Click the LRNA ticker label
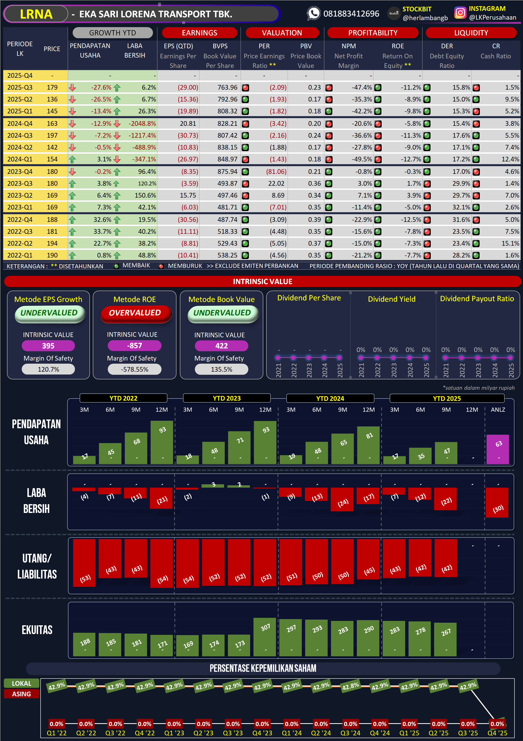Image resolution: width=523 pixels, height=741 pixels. point(36,14)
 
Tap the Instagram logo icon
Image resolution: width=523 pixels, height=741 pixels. point(460,13)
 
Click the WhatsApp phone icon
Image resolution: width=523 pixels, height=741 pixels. point(313,13)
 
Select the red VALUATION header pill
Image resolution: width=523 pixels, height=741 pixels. point(282,33)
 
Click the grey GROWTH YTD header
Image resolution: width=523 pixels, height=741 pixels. point(112,33)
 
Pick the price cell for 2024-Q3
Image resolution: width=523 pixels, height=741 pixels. point(52,136)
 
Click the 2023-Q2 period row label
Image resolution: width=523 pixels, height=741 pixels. point(20,195)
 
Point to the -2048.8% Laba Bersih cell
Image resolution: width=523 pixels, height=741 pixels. point(142,124)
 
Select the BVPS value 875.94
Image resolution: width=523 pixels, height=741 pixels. point(227,172)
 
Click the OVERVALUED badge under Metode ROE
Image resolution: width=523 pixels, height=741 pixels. point(135,313)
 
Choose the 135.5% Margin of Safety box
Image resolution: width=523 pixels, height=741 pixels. point(221,370)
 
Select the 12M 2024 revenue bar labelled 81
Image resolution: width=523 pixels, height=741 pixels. point(368,445)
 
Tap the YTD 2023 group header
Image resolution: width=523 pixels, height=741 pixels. point(227,398)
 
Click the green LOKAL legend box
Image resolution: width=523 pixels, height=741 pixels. point(22,683)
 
